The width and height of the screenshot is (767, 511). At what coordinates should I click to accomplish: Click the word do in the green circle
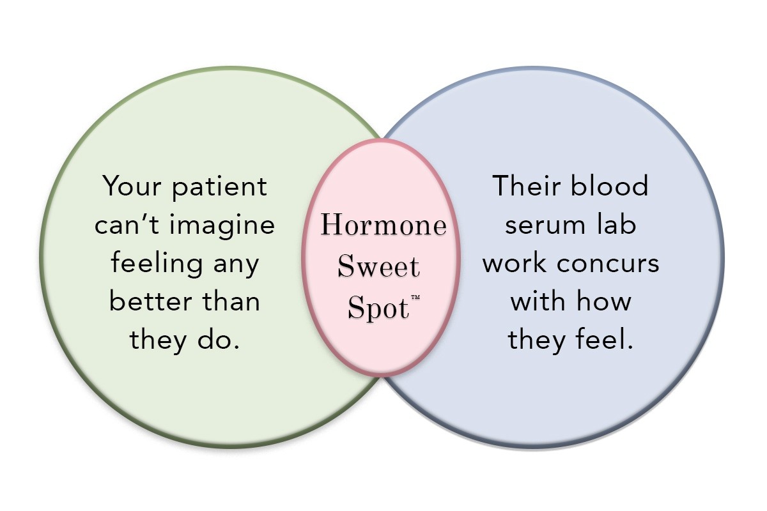pyautogui.click(x=221, y=339)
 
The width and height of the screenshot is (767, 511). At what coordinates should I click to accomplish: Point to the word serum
pyautogui.click(x=541, y=225)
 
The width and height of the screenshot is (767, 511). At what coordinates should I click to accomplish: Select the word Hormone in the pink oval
pyautogui.click(x=383, y=226)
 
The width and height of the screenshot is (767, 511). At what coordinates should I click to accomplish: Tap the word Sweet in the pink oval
pyautogui.click(x=379, y=266)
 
